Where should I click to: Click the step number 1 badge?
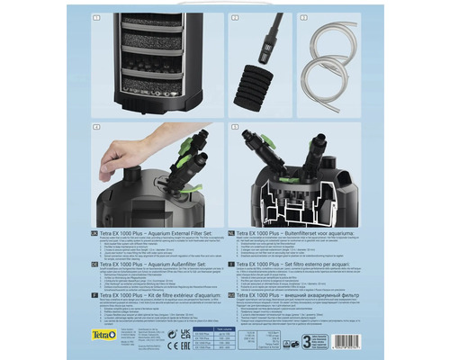tap(95, 18)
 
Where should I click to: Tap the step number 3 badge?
tap(303, 18)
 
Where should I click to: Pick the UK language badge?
tap(95, 234)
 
